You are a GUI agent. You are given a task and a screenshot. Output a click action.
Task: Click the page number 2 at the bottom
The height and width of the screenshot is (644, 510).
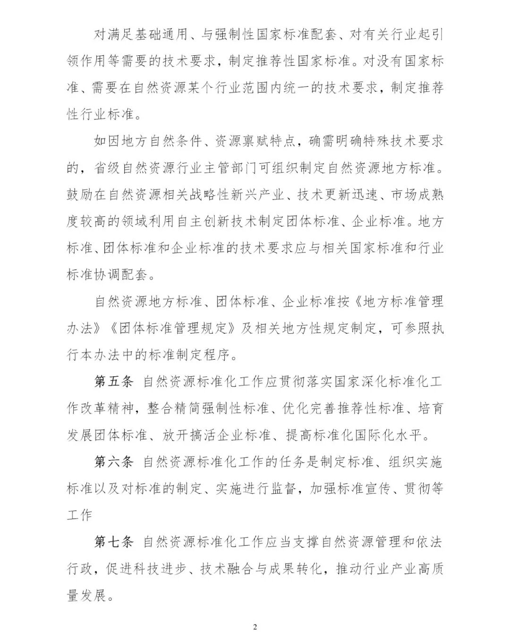255,627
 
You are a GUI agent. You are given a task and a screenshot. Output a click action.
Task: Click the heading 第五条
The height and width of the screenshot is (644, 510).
114,381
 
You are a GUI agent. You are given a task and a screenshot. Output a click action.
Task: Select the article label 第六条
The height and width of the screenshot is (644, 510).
114,462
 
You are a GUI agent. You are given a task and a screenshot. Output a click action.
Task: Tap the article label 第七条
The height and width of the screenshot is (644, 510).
114,542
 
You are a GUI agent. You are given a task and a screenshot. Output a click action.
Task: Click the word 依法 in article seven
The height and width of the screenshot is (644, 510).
429,542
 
